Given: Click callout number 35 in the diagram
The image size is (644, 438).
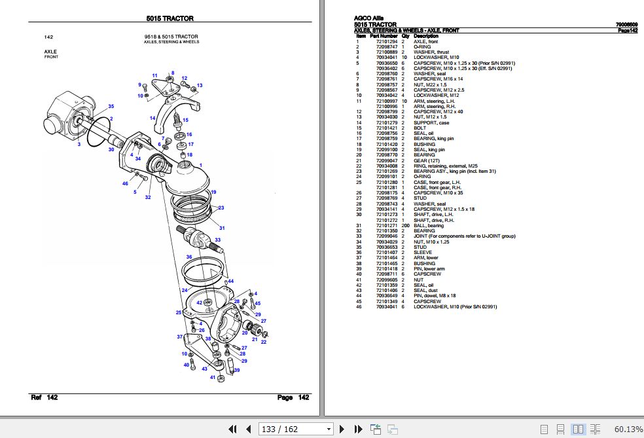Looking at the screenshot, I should tap(111, 106).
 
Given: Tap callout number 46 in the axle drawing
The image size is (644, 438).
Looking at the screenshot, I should tap(125, 184).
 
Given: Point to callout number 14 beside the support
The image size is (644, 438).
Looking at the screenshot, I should tap(152, 119).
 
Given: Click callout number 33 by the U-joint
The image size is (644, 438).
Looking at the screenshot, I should tap(218, 240).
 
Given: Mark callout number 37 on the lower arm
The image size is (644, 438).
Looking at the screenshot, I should tap(179, 337).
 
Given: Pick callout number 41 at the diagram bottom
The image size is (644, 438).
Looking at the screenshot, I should tap(213, 377).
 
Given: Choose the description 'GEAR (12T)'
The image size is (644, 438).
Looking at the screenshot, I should tap(427, 160).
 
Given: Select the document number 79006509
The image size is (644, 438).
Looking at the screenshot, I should tap(627, 25).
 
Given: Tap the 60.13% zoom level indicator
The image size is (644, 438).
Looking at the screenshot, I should tap(628, 429).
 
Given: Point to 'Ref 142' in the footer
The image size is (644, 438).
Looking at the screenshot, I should tap(45, 397).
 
